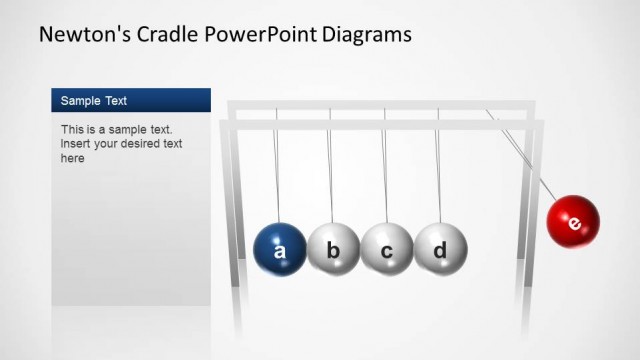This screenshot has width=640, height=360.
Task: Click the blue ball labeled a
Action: tap(280, 249)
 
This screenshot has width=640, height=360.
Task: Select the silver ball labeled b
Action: tap(334, 249)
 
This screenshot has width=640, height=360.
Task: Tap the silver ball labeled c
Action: tap(387, 249)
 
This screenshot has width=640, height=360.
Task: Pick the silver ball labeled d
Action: tap(440, 249)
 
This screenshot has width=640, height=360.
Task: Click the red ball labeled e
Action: tap(573, 222)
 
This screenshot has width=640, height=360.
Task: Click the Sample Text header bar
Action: tap(131, 100)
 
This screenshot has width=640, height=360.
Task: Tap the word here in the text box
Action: tap(73, 158)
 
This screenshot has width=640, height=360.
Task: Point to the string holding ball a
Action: tap(277, 170)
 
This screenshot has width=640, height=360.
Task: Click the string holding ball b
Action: tap(331, 170)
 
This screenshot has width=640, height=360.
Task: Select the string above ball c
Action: tap(384, 170)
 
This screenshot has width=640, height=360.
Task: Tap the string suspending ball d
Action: tap(438, 170)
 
